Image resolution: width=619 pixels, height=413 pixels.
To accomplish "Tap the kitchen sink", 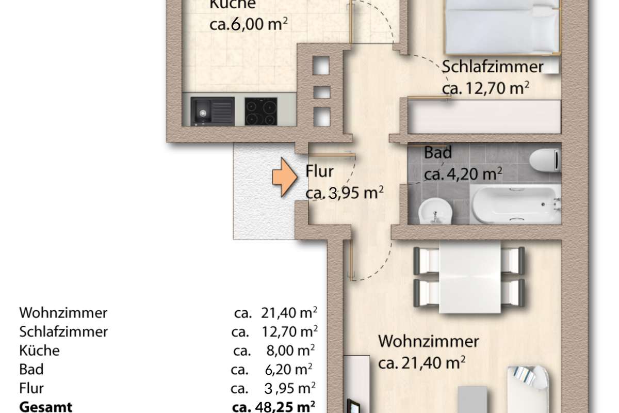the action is tap(212, 111).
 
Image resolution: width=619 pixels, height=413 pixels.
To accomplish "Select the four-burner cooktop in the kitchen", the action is tap(261, 111).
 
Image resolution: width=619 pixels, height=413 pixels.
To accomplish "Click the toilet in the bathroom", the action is tap(545, 160).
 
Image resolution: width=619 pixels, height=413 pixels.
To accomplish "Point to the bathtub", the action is tap(516, 203).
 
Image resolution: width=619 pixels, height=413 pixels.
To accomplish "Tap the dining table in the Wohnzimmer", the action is tap(470, 277).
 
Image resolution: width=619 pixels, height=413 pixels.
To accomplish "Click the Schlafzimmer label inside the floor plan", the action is tap(493, 67).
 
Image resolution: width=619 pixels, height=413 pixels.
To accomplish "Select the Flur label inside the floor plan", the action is tap(319, 171).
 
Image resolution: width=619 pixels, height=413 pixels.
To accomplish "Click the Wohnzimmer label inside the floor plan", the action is tap(428, 341).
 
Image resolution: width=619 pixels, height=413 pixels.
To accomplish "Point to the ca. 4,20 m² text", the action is tap(463, 174).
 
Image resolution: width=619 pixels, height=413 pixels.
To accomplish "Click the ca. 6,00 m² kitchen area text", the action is tap(249, 24).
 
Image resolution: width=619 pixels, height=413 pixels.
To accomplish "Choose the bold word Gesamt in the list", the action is tap(45, 407).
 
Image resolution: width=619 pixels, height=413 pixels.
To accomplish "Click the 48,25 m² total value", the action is tap(285, 407).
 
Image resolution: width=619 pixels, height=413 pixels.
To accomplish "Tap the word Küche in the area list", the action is tap(39, 350).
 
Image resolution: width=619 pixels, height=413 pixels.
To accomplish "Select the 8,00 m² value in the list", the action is tap(290, 350).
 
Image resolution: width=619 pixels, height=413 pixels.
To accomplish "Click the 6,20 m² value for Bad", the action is tap(288, 369).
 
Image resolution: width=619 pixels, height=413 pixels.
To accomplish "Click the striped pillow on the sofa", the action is tap(524, 375).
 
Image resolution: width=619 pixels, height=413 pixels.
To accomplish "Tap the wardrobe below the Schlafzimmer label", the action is tap(485, 117).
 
